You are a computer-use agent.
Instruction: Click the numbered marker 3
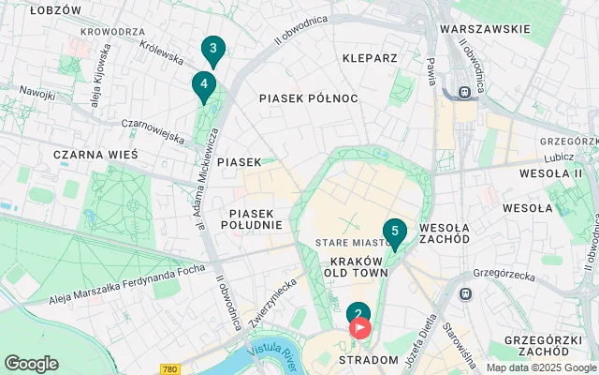213,50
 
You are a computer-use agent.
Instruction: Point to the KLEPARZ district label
370,58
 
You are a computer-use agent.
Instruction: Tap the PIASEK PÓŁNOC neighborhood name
309,97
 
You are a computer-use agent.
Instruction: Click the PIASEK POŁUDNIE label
252,218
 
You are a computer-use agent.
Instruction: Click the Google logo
31,364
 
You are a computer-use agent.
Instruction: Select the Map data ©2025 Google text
541,367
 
